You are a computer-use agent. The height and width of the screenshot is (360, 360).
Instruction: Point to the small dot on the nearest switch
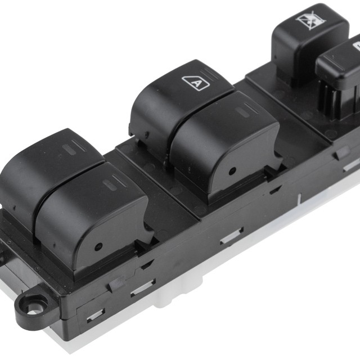pos(98,246)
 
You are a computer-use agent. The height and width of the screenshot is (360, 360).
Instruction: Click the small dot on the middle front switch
pos(231,172)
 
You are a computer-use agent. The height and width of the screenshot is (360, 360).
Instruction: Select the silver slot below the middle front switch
pos(231,237)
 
